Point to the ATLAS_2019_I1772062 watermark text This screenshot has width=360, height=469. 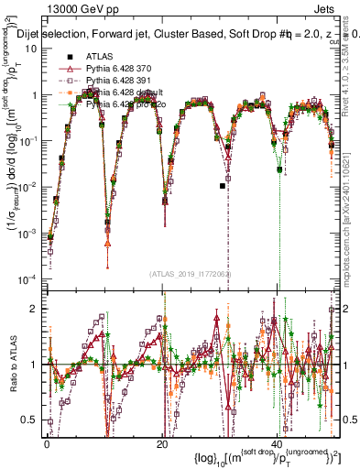[189, 273]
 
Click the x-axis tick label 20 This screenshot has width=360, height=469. [162, 443]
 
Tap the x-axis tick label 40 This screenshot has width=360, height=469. [278, 443]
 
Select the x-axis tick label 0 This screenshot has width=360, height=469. [47, 443]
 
